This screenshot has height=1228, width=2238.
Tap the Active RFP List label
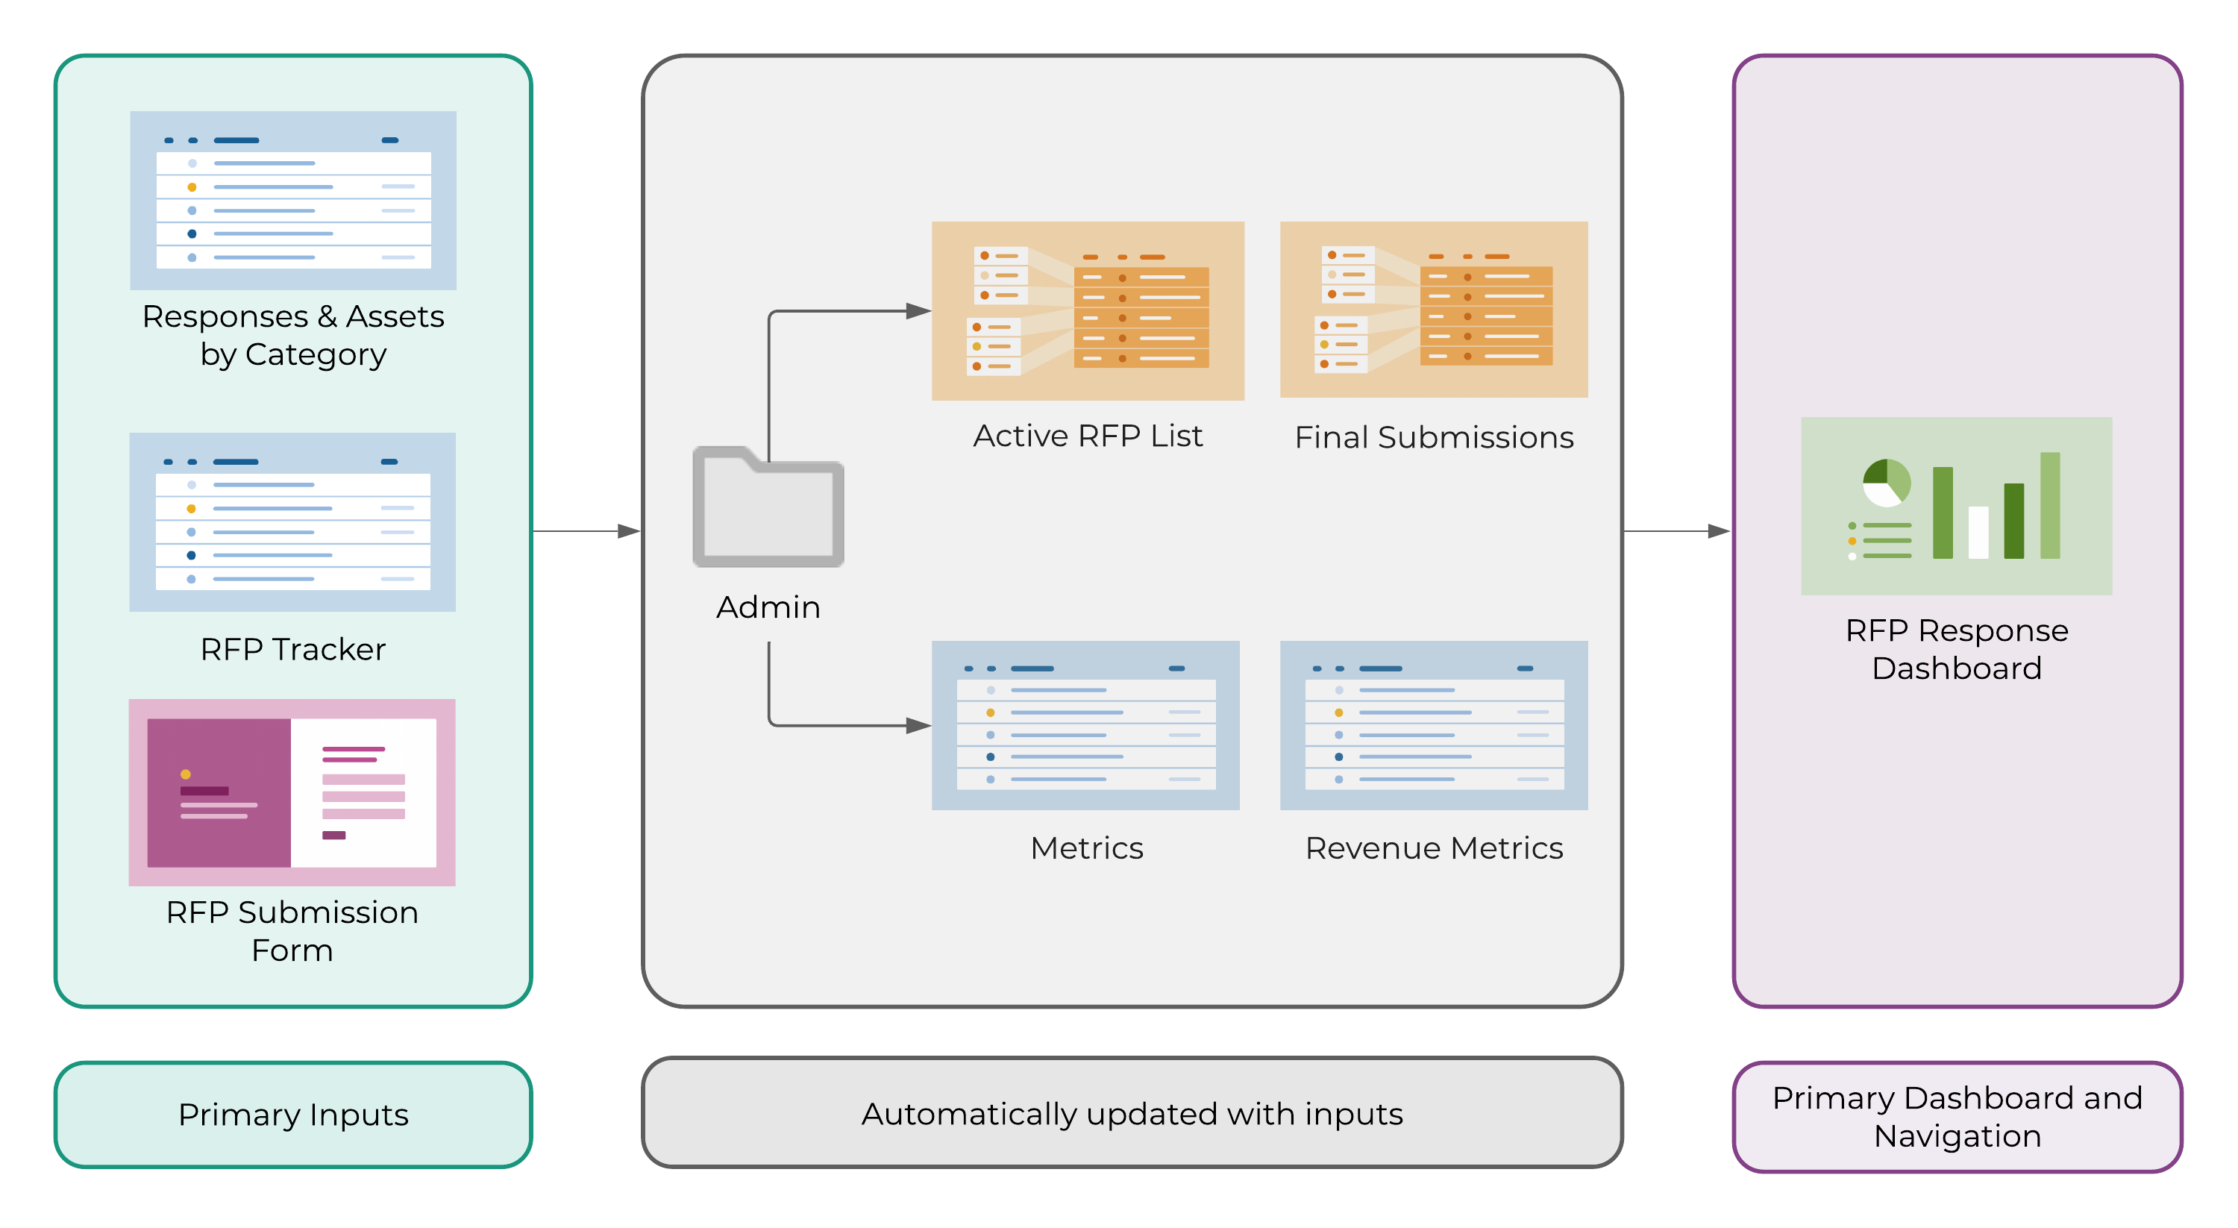point(1087,436)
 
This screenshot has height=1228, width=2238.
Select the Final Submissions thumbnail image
point(1434,310)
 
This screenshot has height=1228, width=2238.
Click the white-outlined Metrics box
point(1086,848)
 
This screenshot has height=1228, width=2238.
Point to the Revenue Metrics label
point(1434,848)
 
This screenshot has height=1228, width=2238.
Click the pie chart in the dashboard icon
point(1886,483)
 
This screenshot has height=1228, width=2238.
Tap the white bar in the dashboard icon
point(1978,532)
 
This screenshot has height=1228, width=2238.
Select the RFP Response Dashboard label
point(1957,649)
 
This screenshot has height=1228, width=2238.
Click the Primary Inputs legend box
point(292,1114)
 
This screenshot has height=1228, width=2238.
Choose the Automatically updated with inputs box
point(1132,1113)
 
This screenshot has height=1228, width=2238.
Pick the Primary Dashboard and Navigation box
point(1957,1117)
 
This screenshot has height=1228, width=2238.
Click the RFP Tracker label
point(292,649)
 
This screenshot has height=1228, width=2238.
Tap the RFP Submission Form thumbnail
point(292,792)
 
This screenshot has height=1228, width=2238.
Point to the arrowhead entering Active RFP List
point(918,311)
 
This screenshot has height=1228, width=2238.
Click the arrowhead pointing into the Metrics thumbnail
point(918,725)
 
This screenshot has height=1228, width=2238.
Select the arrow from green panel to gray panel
point(586,531)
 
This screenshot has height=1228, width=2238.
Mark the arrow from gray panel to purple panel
point(1677,531)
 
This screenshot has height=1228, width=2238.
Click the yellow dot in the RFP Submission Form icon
point(185,774)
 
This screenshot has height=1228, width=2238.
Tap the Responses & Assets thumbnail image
point(292,201)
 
